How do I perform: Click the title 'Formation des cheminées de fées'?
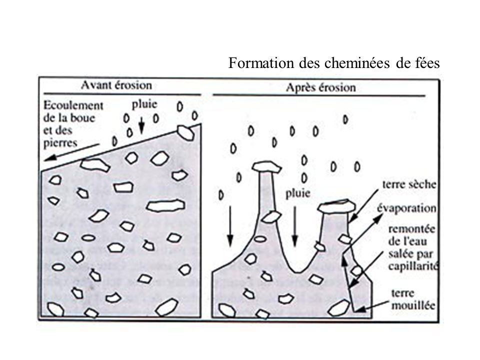point(334,63)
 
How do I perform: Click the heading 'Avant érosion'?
point(116,85)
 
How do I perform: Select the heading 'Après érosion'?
point(321,87)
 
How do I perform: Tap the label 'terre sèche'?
point(409,184)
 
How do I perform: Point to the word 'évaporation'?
point(407,208)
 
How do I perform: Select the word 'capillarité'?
point(413,266)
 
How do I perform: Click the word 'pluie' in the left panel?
point(144,104)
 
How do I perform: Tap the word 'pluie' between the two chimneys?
point(298,194)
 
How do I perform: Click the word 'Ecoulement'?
point(73,105)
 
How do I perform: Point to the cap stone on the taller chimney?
point(266,167)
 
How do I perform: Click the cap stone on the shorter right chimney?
point(336,206)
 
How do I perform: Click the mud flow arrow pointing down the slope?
point(72,152)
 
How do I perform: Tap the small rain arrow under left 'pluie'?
point(141,125)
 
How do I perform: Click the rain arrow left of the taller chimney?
point(230,226)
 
